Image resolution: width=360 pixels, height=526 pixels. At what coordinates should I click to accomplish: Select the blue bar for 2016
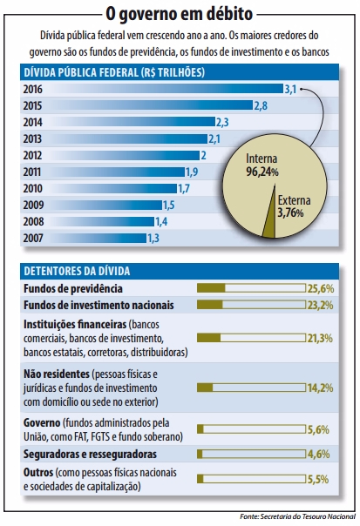pyautogui.click(x=166, y=89)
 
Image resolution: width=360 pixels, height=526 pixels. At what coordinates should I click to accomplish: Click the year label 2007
pyautogui.click(x=35, y=238)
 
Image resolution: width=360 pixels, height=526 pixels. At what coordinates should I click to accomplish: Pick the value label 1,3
pyautogui.click(x=153, y=238)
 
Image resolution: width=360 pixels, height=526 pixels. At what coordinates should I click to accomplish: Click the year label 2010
pyautogui.click(x=35, y=188)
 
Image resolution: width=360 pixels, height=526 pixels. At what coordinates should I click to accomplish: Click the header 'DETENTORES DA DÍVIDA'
pyautogui.click(x=78, y=271)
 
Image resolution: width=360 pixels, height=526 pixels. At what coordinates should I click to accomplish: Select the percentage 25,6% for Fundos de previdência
pyautogui.click(x=320, y=287)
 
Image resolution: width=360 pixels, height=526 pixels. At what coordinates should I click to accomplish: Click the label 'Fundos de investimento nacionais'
pyautogui.click(x=98, y=305)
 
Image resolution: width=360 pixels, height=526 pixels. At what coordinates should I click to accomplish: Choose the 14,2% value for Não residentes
pyautogui.click(x=320, y=387)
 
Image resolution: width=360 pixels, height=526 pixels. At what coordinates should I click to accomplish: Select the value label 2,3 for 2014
pyautogui.click(x=222, y=122)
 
